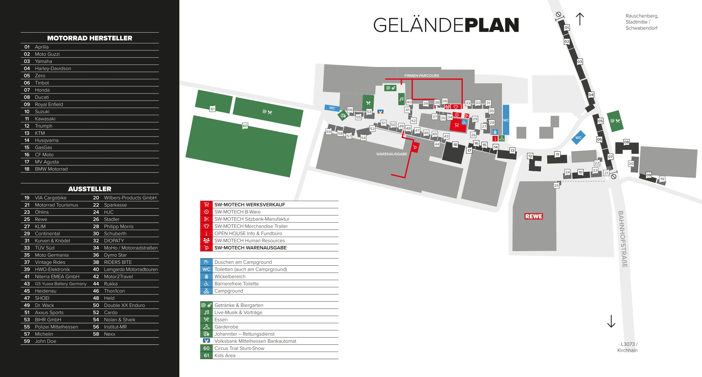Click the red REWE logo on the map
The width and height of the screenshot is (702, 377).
[x=534, y=216]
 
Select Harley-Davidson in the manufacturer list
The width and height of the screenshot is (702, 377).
[x=53, y=68]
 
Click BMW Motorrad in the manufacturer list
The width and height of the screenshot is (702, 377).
[x=51, y=169]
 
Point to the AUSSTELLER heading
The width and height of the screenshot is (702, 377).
[x=90, y=189]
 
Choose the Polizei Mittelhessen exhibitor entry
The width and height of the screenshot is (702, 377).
[x=56, y=327]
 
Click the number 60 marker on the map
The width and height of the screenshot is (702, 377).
[x=245, y=126]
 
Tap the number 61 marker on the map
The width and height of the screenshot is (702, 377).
[x=213, y=109]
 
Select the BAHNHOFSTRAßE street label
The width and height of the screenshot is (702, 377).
[x=622, y=239]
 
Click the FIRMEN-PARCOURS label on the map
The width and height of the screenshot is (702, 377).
[x=421, y=76]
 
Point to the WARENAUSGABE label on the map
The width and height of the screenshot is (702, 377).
[x=392, y=154]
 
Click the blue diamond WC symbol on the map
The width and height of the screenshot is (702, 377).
[x=578, y=138]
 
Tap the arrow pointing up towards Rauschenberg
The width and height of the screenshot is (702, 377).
[x=580, y=19]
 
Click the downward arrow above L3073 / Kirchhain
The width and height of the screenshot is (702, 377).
[x=611, y=321]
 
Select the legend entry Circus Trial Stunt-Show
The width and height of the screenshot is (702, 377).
[x=239, y=348]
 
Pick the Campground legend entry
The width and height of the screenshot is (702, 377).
[x=229, y=291]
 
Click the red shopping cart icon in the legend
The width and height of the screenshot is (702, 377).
[x=206, y=205]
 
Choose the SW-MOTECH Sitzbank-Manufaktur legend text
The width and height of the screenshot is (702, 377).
[x=252, y=219]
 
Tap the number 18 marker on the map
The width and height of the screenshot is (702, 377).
[x=455, y=145]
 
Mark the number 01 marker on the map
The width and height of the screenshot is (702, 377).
[x=567, y=28]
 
